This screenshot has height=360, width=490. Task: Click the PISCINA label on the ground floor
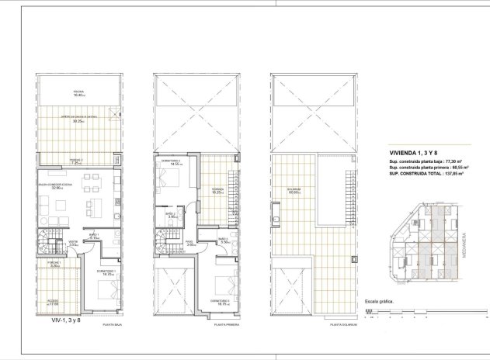tap(78, 92)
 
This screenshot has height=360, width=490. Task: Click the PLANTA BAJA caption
tap(114, 327)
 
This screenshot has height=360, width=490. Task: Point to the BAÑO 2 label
tap(172, 215)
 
